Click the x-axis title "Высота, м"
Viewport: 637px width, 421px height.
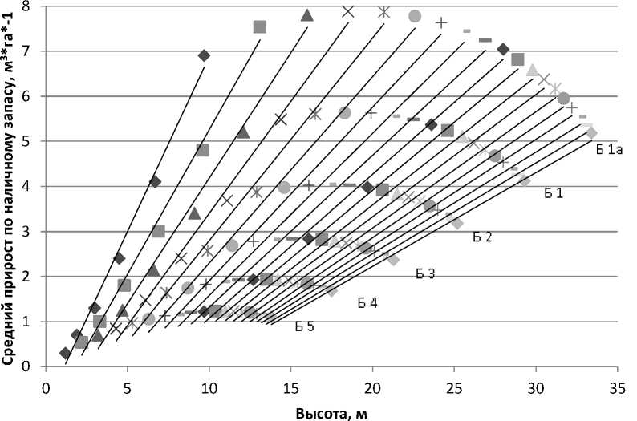331,411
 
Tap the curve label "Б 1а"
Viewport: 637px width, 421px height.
609,148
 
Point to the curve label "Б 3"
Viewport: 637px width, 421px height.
425,274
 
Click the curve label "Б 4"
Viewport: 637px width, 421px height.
367,302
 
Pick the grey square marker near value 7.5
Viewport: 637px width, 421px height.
259,27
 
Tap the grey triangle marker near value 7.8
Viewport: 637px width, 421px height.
306,14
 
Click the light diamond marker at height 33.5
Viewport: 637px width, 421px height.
591,132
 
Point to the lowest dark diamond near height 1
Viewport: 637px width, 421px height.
65,353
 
